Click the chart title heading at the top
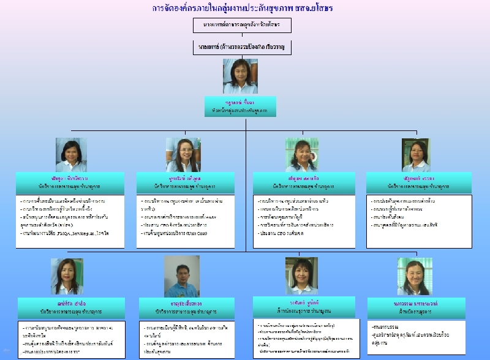coord(244,9)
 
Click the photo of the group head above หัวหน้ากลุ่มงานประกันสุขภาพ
coord(240,76)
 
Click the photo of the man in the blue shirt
coord(182,276)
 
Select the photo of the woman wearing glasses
coord(183,154)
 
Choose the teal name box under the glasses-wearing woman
coord(183,181)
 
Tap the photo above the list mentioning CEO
coord(301,154)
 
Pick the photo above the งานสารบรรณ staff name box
coord(414,276)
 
